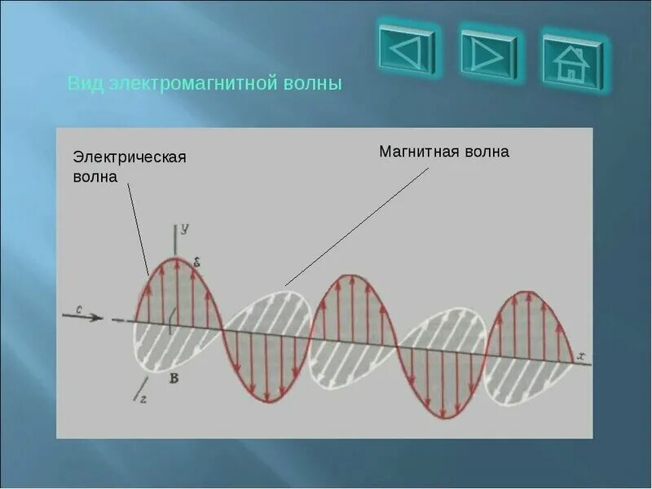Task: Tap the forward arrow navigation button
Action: tap(489, 55)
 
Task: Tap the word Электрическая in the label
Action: tap(130, 156)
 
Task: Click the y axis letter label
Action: tap(185, 231)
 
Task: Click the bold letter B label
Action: tap(174, 377)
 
